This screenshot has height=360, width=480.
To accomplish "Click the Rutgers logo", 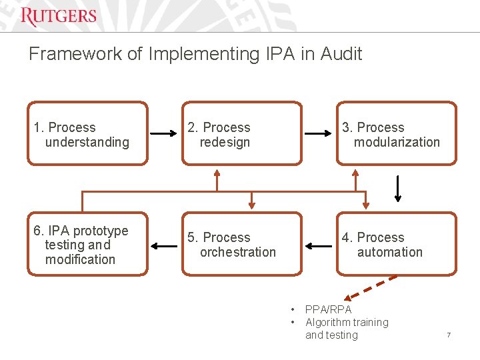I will click(59, 17).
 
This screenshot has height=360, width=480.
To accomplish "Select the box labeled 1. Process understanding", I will click(87, 133).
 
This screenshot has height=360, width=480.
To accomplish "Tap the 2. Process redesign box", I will click(241, 133).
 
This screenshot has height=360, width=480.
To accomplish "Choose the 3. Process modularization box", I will click(397, 133).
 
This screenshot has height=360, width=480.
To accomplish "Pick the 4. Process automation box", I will click(397, 244).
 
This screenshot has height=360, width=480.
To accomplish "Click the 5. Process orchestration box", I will click(241, 244).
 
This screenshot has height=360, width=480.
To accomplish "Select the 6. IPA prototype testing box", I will click(87, 244).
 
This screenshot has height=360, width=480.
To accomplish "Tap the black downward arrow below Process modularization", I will click(398, 188).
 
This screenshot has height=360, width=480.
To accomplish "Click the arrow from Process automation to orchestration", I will click(319, 246).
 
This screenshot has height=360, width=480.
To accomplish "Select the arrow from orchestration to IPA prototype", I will click(164, 246).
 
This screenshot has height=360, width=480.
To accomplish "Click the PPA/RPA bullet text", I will click(328, 309).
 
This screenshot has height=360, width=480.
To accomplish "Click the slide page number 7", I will click(449, 334).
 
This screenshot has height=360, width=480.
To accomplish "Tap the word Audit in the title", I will click(341, 54).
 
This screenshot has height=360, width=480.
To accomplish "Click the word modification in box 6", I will click(80, 259).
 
